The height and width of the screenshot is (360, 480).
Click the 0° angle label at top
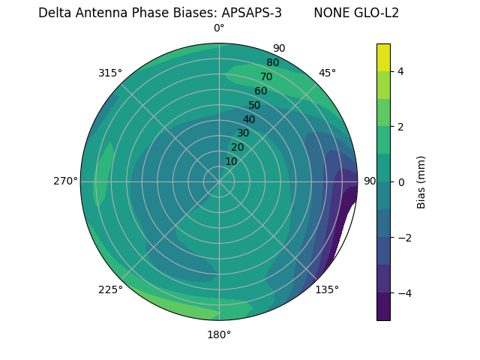pos(219,28)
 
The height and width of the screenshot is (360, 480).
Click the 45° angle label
pos(327,73)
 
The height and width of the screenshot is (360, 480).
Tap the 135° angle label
pos(327,289)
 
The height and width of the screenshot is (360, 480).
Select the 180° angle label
pos(219,334)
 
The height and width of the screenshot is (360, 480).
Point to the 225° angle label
pos(110,289)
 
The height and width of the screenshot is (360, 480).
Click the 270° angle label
pos(65,181)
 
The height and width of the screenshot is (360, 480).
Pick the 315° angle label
pos(110,73)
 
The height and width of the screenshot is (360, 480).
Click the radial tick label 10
pos(231,161)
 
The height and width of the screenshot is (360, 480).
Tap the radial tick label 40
pos(249,119)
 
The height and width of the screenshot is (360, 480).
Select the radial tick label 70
pos(266,76)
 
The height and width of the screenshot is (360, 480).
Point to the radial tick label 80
pos(272,62)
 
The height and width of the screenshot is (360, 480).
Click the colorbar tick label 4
pos(400,71)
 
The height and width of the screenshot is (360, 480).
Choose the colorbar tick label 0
pos(400,181)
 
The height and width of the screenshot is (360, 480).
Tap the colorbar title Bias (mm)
pos(421,181)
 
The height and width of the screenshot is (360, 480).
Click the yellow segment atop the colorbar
pos(383,57)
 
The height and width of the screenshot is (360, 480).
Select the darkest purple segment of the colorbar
pos(383,307)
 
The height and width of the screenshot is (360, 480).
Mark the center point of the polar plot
pos(219,181)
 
